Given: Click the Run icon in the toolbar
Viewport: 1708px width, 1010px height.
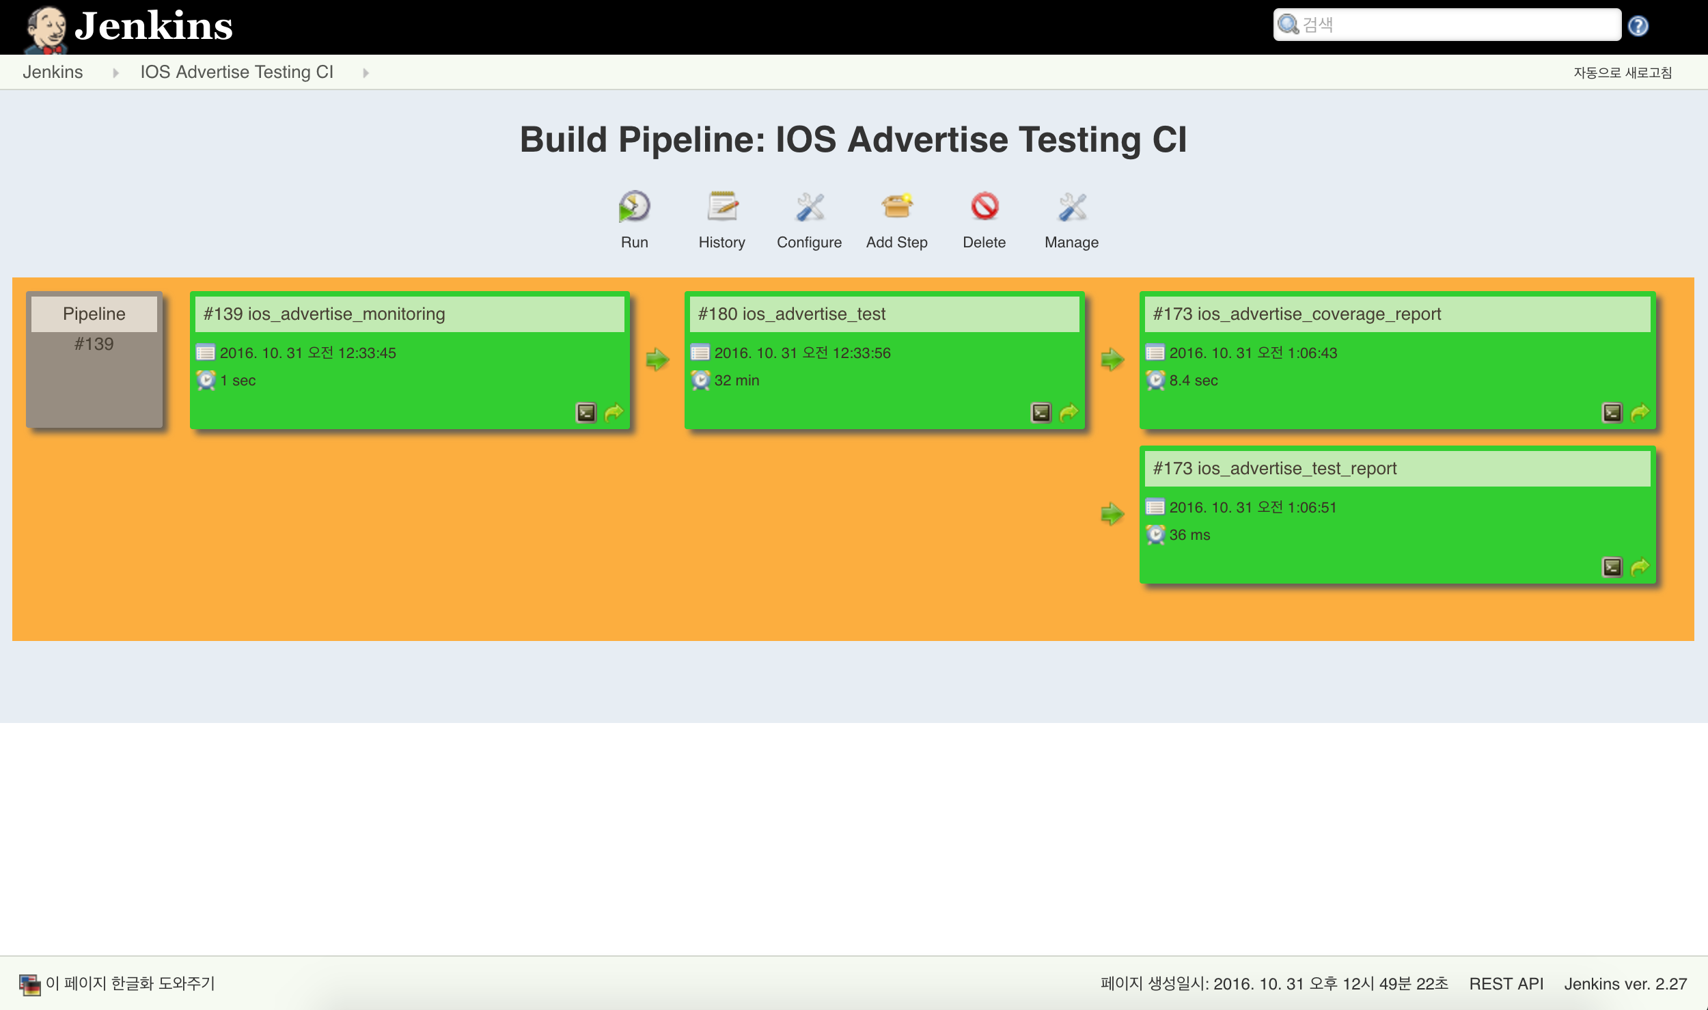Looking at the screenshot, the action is (634, 206).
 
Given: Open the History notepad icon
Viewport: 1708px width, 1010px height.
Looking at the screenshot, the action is (722, 206).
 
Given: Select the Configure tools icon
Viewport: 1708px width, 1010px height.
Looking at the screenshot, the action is (810, 206).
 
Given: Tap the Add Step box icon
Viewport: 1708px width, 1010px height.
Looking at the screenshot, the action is (897, 206).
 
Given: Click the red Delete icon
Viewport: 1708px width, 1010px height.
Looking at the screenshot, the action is (984, 206).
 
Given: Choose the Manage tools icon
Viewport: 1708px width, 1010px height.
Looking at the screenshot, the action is (1072, 206).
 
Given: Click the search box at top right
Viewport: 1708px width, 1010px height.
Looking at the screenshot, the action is (1447, 25).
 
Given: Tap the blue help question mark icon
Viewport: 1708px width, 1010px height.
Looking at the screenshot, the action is (1638, 26).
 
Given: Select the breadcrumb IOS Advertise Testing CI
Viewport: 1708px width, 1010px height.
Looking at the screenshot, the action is (236, 72).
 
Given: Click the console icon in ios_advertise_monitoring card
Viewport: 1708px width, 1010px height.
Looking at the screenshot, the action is (586, 413).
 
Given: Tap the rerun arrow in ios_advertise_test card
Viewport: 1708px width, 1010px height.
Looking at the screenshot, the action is (1069, 413).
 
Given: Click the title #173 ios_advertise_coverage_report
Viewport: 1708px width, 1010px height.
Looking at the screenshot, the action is (1297, 314).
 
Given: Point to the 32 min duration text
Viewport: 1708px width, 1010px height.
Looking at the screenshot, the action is (736, 381).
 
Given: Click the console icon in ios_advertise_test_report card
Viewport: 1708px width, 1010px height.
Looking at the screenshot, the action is (1612, 567).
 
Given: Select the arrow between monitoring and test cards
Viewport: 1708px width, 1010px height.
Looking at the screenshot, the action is (657, 359).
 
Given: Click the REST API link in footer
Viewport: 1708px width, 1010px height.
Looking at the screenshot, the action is (1506, 984).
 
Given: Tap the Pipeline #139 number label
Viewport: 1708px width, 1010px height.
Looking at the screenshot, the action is (94, 344).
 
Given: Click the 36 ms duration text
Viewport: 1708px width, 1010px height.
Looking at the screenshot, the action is (1189, 535).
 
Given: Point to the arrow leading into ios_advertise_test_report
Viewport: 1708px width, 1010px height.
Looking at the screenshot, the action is (1112, 513).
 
